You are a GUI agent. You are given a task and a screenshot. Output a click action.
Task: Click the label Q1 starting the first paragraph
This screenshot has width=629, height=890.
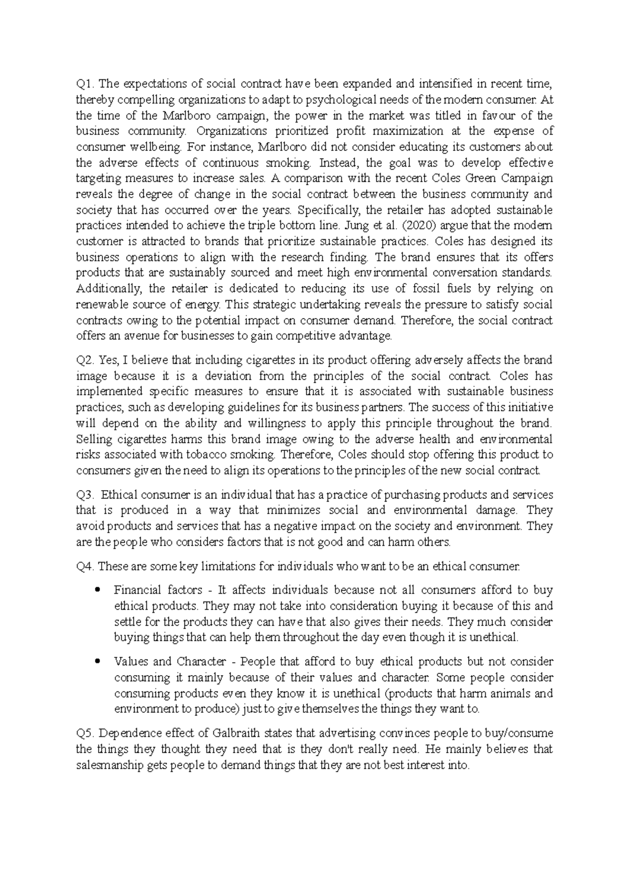point(84,84)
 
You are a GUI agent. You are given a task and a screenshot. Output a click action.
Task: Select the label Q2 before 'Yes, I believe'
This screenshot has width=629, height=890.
point(84,360)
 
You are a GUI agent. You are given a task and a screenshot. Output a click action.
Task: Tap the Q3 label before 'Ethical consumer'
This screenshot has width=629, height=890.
point(84,495)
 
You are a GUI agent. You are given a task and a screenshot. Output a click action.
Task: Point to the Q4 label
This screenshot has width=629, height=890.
point(84,566)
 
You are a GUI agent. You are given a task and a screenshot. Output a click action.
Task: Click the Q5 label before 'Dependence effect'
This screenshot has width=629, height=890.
point(84,733)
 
